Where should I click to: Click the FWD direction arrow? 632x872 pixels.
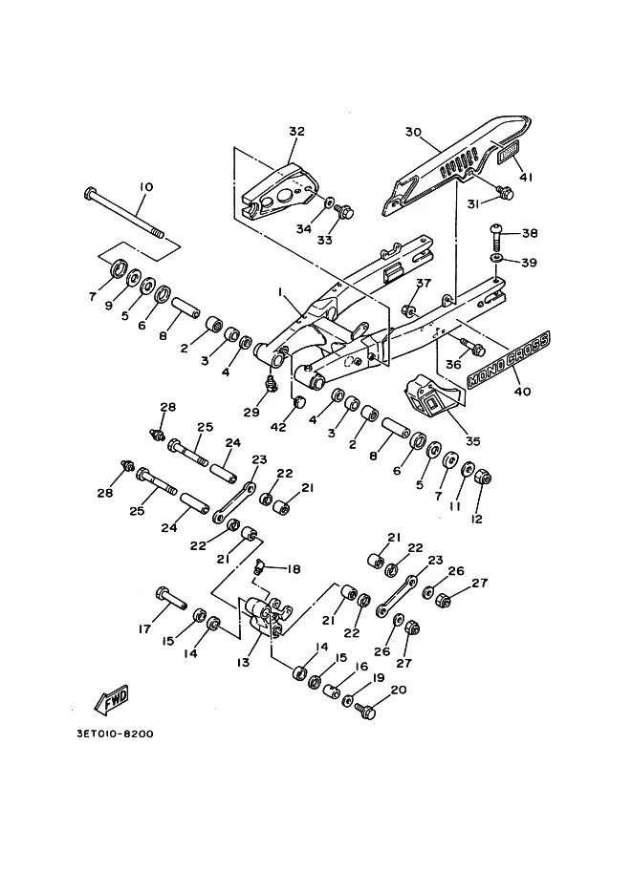tap(112, 699)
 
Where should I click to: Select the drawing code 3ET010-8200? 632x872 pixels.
tap(115, 734)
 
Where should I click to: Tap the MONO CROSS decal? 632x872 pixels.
tap(508, 359)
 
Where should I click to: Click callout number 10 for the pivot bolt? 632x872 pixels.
tap(145, 187)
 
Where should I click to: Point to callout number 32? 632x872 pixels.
tap(296, 131)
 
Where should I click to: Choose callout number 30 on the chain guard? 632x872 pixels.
tap(413, 133)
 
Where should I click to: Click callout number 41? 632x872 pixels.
tap(526, 178)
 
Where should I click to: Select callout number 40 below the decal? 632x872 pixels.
tap(522, 392)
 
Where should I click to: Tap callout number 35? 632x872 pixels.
tap(472, 441)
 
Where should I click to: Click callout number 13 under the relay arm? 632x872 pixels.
tap(243, 663)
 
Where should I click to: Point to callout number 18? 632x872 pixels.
tap(294, 569)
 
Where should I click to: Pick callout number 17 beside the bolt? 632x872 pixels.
tap(144, 629)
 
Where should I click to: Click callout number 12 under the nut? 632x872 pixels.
tap(477, 519)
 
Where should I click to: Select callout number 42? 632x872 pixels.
tap(278, 427)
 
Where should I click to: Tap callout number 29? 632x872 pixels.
tap(251, 412)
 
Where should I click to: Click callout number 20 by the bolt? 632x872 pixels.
tap(399, 690)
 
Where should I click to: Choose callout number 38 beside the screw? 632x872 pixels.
tap(530, 233)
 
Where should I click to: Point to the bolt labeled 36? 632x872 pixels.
tap(472, 347)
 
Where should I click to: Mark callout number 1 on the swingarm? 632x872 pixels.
tap(282, 292)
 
